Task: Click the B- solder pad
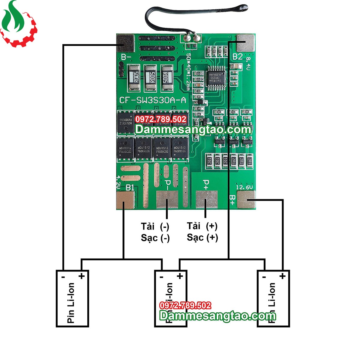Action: pyautogui.click(x=125, y=43)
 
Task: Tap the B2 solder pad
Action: pyautogui.click(x=246, y=43)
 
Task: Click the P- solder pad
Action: pyautogui.click(x=167, y=200)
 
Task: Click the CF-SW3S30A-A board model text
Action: pyautogui.click(x=153, y=100)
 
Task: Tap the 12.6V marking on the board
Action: pyautogui.click(x=244, y=187)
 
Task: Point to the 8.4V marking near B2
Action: pyautogui.click(x=249, y=62)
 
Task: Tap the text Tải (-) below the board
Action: pyautogui.click(x=155, y=226)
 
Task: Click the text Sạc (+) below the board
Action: pyautogui.click(x=202, y=238)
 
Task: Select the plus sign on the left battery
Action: pyautogui.click(x=81, y=276)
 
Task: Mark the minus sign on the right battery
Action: pyautogui.click(x=264, y=277)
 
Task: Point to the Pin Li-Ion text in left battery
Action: pyautogui.click(x=71, y=303)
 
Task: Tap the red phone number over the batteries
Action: pyautogui.click(x=185, y=306)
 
